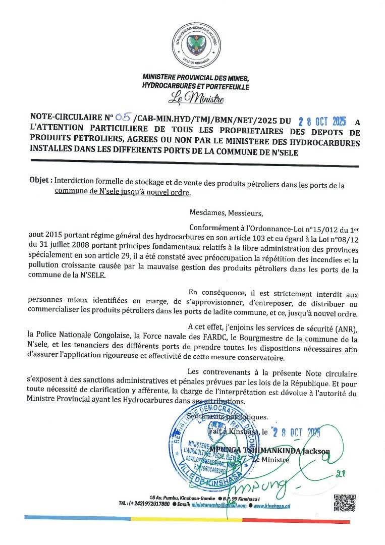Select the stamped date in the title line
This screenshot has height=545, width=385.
(x=322, y=122)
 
